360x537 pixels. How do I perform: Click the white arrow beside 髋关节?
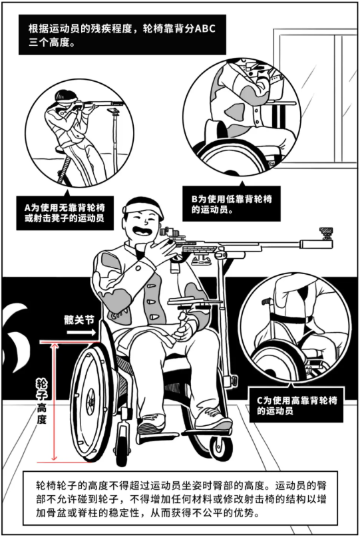click(x=81, y=332)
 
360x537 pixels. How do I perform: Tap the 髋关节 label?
click(x=79, y=320)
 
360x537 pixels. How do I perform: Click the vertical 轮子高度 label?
click(x=41, y=402)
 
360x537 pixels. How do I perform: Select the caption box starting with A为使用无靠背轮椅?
click(x=65, y=213)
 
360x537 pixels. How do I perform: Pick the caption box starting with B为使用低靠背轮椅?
click(x=231, y=204)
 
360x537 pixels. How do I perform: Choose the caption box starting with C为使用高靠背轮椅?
click(x=297, y=405)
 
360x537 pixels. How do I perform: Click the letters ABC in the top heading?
click(x=205, y=29)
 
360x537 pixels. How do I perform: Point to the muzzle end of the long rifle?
click(x=331, y=244)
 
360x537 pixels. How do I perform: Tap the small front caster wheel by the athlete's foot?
click(x=218, y=449)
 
